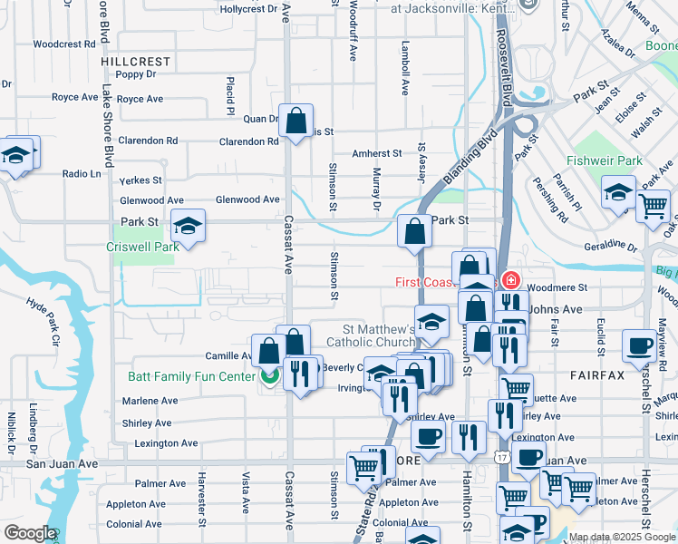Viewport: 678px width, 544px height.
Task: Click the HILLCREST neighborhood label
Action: point(136,62)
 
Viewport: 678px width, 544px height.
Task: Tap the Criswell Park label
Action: point(142,247)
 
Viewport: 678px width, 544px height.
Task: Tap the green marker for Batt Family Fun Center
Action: point(269,376)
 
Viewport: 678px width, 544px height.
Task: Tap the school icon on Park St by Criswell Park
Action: point(188,225)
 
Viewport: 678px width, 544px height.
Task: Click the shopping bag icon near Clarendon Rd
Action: point(296,120)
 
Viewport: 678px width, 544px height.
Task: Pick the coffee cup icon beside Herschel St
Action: point(640,345)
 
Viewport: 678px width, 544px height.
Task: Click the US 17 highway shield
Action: point(501,459)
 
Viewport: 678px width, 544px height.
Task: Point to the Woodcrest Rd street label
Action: point(64,44)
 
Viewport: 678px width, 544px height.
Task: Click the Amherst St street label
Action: point(377,154)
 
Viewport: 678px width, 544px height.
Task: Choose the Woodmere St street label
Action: point(557,287)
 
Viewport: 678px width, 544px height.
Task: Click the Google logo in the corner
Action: point(29,533)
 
